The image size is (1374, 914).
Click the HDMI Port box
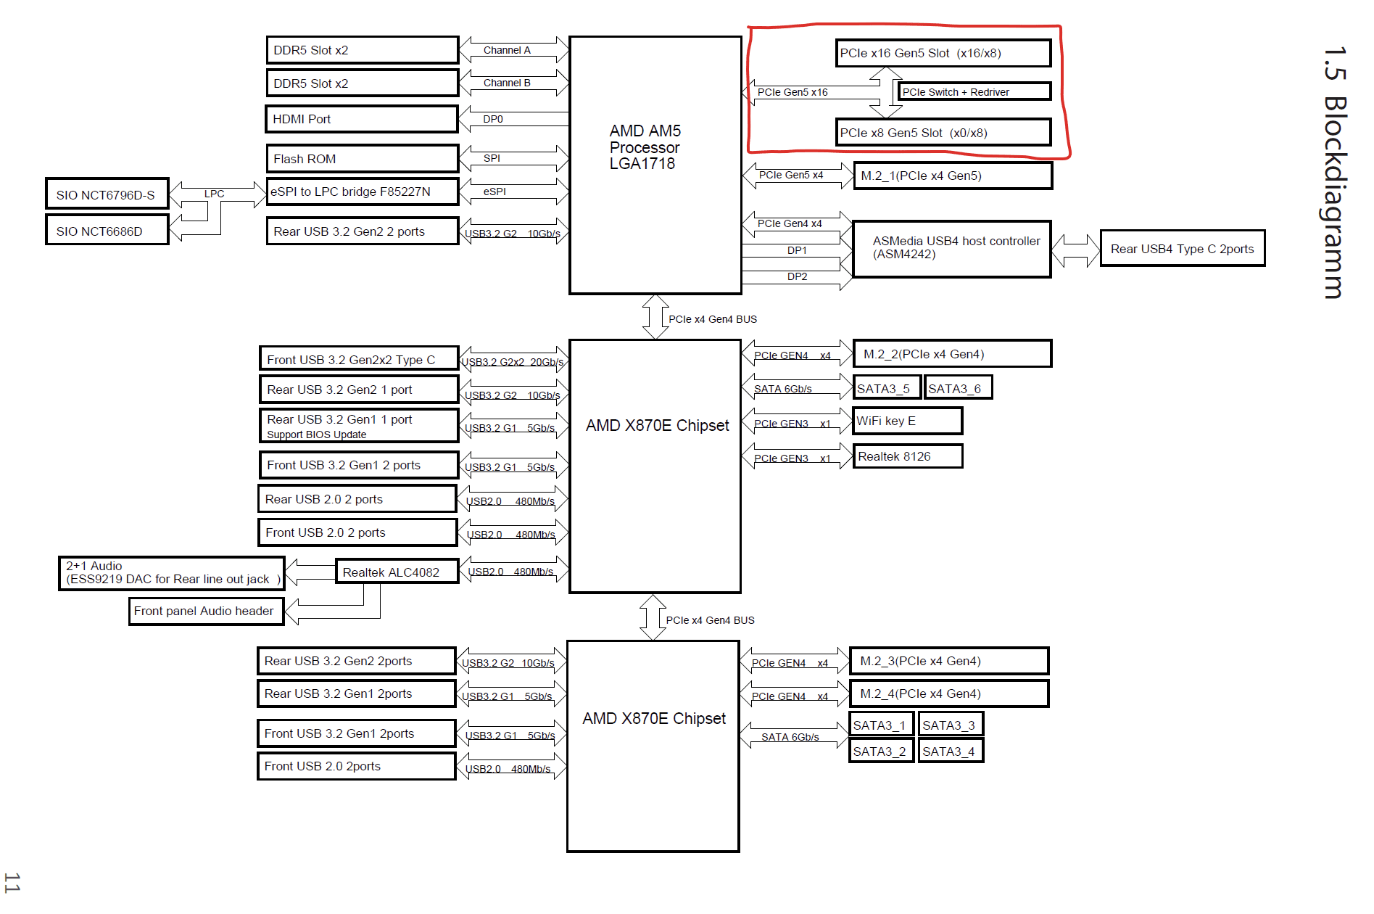362,119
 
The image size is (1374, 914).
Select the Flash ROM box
362,159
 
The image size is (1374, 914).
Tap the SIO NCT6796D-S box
107,194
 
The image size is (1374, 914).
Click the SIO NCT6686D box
107,231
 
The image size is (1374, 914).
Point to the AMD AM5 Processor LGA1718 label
645,147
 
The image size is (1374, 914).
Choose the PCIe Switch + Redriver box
974,92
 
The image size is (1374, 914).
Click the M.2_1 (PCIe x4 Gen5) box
952,176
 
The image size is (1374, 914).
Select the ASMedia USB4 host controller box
951,248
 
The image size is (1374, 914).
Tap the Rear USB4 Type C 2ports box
1182,249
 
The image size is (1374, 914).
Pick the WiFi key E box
907,421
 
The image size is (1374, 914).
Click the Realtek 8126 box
907,456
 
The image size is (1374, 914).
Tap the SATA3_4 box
950,751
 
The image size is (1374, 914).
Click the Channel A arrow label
507,50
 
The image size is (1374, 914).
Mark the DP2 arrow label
797,276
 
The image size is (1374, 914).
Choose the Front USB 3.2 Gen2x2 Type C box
359,359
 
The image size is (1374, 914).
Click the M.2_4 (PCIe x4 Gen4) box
948,693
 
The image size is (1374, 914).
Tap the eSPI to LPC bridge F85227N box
362,192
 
